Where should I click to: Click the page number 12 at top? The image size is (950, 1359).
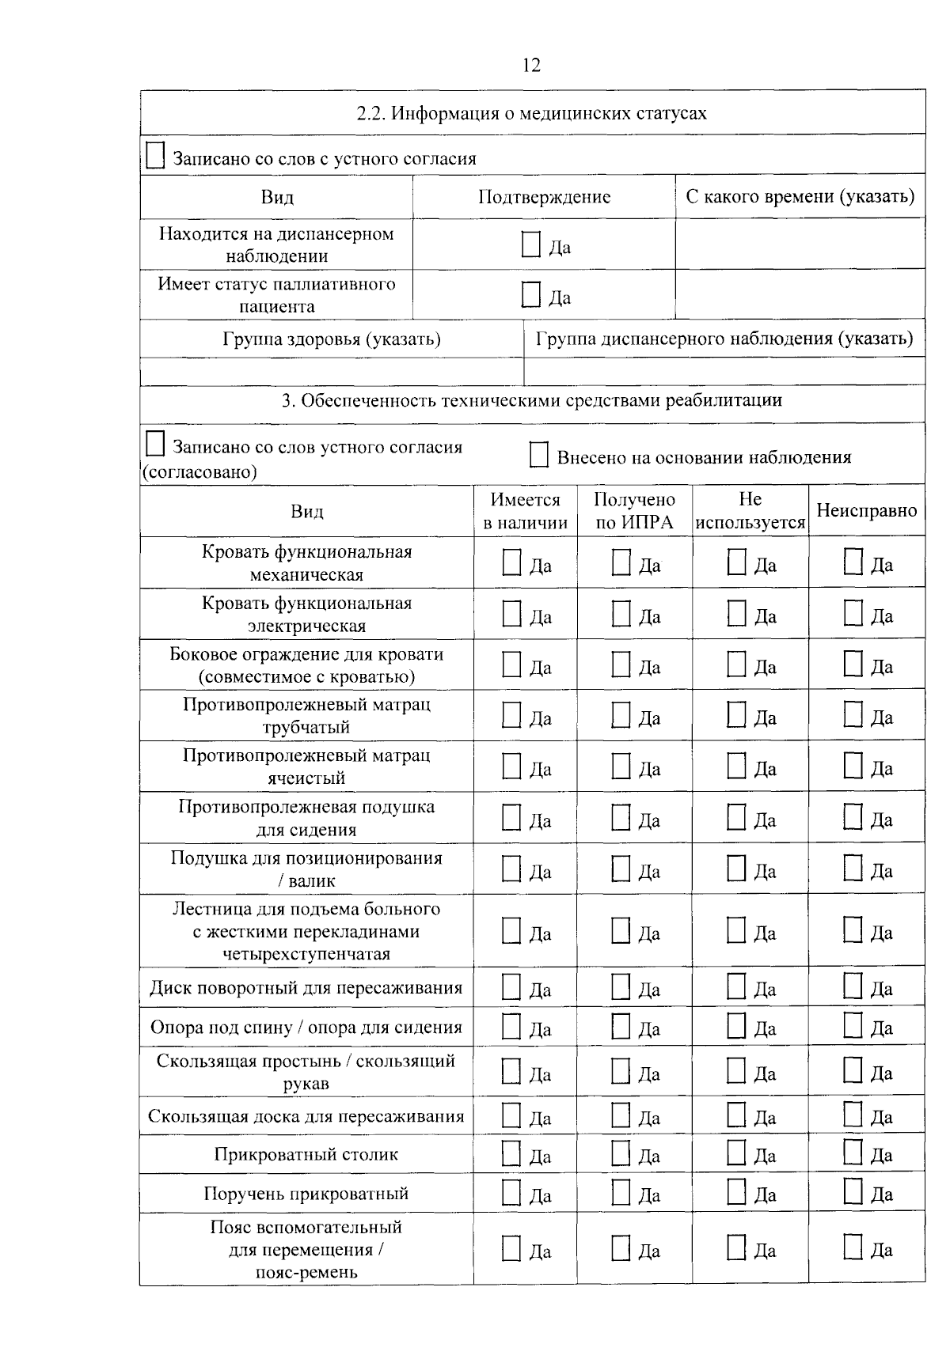click(532, 65)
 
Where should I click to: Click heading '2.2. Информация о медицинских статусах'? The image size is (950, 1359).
click(532, 113)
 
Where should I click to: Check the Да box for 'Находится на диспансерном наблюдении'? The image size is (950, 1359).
click(530, 244)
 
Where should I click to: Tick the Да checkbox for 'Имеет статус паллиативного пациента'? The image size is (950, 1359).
click(530, 294)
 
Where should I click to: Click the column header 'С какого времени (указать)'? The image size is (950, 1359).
click(800, 196)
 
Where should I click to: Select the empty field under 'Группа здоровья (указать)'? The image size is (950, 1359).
click(332, 371)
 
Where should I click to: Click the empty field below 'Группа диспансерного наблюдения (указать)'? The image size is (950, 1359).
click(724, 371)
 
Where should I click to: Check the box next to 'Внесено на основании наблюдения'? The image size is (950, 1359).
click(538, 455)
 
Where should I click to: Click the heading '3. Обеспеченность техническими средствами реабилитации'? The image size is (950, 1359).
click(532, 400)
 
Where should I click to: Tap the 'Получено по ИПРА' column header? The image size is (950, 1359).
click(634, 511)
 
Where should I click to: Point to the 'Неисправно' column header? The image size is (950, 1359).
click(866, 511)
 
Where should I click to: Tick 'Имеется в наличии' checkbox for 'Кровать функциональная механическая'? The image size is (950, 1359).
click(511, 563)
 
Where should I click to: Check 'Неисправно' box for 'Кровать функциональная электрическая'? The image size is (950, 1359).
click(853, 613)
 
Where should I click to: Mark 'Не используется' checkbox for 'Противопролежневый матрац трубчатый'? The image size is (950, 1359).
click(736, 715)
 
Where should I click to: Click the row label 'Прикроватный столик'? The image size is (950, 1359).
click(306, 1154)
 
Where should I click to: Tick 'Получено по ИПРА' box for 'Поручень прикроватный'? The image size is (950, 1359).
click(621, 1191)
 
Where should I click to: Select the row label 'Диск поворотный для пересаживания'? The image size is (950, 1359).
click(306, 988)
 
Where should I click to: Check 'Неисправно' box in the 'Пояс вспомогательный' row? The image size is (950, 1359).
click(853, 1247)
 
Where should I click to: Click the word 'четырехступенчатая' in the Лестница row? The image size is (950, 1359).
click(306, 954)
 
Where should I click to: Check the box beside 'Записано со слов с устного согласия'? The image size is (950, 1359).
click(154, 156)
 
